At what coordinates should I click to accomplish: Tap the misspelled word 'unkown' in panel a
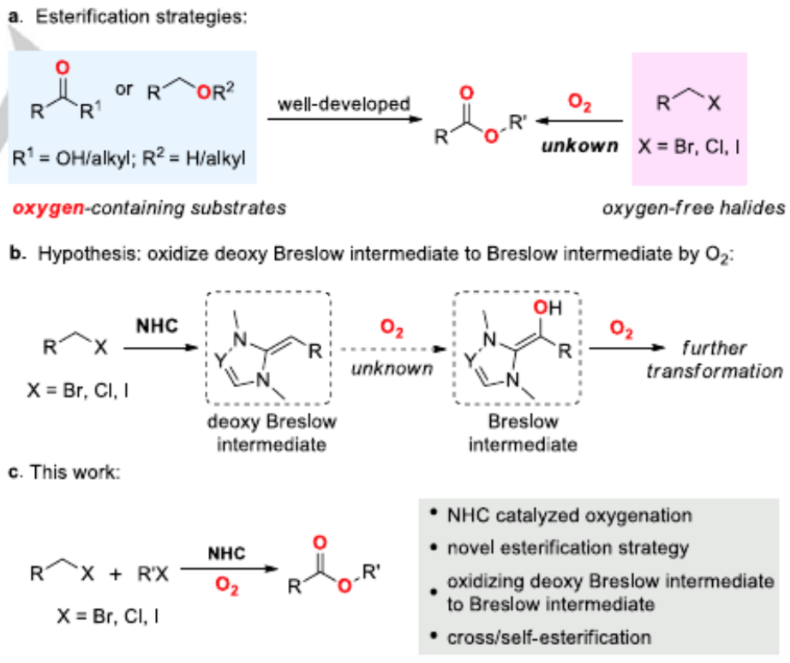[x=579, y=146]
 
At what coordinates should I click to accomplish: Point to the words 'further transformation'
[x=714, y=360]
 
